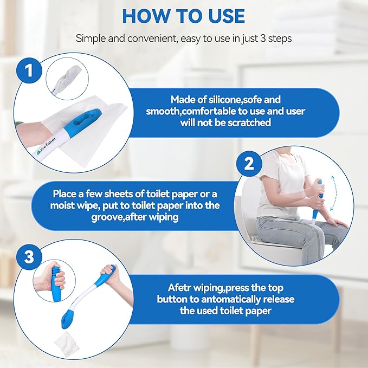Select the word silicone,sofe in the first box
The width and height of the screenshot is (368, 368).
click(229, 100)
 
